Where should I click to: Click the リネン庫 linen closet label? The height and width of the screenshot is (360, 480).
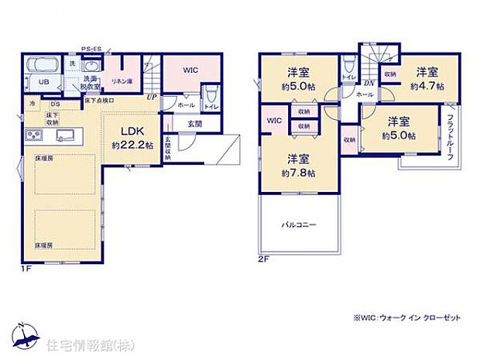pyautogui.click(x=121, y=81)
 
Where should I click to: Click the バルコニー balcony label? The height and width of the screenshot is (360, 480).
pyautogui.click(x=298, y=225)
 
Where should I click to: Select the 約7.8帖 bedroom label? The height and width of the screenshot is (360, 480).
pyautogui.click(x=299, y=166)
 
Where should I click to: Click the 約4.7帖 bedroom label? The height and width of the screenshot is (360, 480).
pyautogui.click(x=427, y=81)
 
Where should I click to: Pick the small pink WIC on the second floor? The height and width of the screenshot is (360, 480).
pyautogui.click(x=274, y=121)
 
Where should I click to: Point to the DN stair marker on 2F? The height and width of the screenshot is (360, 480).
pyautogui.click(x=369, y=84)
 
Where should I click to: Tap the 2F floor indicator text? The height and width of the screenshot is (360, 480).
pyautogui.click(x=264, y=259)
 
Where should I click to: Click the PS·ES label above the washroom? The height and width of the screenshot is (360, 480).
pyautogui.click(x=90, y=47)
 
